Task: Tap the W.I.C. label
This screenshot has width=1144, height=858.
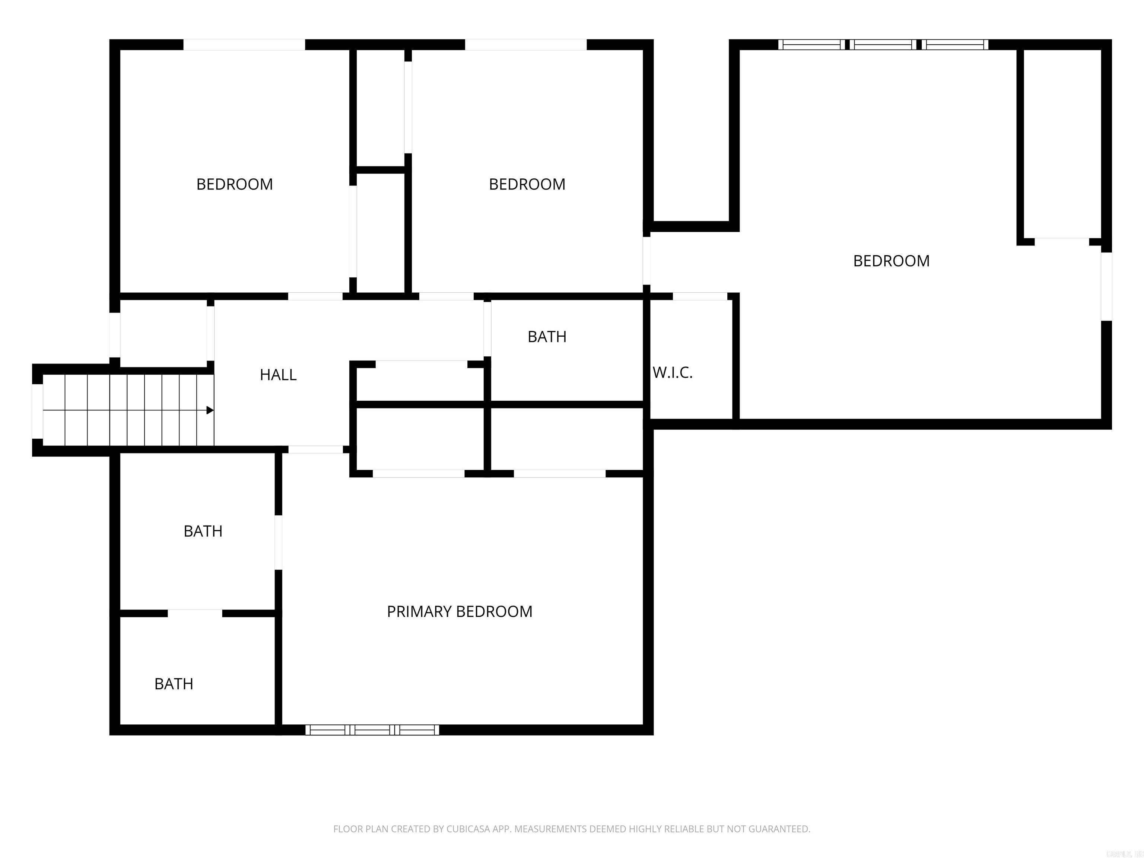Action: click(x=672, y=373)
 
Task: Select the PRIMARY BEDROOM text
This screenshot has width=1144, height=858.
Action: click(x=459, y=612)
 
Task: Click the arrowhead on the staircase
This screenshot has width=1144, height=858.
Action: click(x=210, y=410)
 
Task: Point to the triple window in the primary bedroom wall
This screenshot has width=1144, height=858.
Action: click(x=372, y=730)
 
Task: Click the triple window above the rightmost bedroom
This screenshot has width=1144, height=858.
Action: click(x=883, y=44)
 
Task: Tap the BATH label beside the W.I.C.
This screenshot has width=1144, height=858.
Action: click(x=547, y=337)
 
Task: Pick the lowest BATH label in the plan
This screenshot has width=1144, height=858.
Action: click(x=174, y=684)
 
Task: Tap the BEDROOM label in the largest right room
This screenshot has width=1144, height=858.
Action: click(x=891, y=261)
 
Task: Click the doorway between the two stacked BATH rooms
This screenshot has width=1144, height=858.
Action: click(x=195, y=613)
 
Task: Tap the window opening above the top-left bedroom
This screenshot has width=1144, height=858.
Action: click(x=244, y=44)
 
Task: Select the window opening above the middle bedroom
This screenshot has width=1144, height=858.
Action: click(x=525, y=44)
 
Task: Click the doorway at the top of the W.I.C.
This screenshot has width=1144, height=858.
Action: click(x=700, y=296)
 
